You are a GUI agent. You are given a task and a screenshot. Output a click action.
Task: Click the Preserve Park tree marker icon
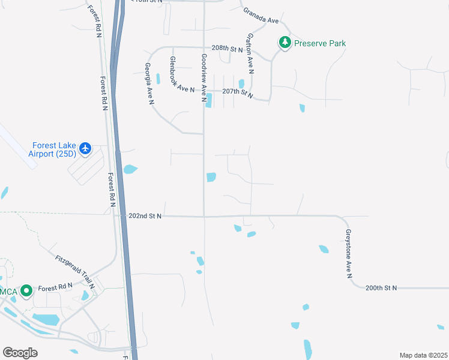(x=285, y=43)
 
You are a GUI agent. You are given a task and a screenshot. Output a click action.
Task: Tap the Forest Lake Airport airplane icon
(x=85, y=148)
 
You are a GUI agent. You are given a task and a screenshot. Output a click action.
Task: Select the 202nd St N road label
(x=145, y=216)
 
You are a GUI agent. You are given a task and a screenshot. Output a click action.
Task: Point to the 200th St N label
(x=382, y=288)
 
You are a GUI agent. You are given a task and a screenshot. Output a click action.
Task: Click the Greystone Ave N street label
(x=348, y=254)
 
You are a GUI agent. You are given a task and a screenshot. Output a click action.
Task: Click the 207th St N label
(x=238, y=92)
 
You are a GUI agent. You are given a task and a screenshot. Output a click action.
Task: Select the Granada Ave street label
(x=261, y=16)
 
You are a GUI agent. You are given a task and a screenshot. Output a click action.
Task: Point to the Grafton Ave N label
(x=249, y=53)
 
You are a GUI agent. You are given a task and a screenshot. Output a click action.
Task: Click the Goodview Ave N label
(x=204, y=77)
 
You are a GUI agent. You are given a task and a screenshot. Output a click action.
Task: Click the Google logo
(x=20, y=353)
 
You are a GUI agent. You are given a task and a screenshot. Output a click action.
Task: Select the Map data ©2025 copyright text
(x=423, y=355)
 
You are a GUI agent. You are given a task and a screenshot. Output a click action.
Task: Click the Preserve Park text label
(x=320, y=43)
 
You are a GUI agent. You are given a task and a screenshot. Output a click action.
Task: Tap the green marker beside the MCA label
(x=26, y=291)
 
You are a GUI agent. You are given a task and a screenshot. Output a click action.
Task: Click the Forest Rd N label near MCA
(x=55, y=287)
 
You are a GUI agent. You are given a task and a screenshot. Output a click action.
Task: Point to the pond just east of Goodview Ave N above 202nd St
(x=211, y=177)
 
